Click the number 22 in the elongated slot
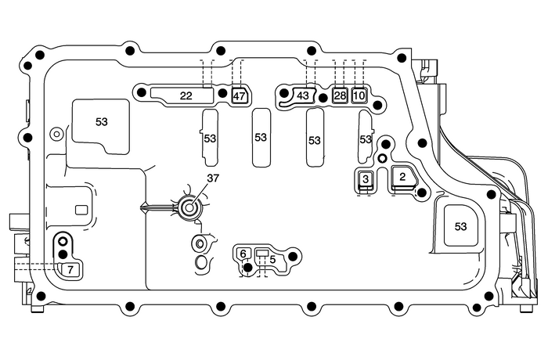(x=186, y=95)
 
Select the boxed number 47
(x=240, y=95)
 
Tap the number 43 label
(x=303, y=95)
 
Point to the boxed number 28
(x=339, y=95)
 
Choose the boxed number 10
(x=359, y=95)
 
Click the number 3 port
(x=365, y=180)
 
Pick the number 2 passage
(x=402, y=178)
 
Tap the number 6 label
(x=243, y=254)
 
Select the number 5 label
(x=272, y=259)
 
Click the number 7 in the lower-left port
(x=70, y=269)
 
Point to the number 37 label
(x=213, y=178)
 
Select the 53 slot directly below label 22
(x=209, y=138)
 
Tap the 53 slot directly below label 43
(x=315, y=140)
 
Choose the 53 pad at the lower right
(x=460, y=226)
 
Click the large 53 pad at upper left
(x=102, y=122)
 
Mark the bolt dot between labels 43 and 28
(x=323, y=98)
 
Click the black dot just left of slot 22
(x=141, y=93)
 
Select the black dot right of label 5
(x=293, y=255)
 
